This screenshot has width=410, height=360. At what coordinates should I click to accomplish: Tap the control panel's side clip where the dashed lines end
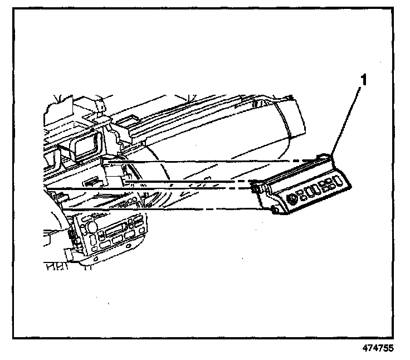point(255,189)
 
